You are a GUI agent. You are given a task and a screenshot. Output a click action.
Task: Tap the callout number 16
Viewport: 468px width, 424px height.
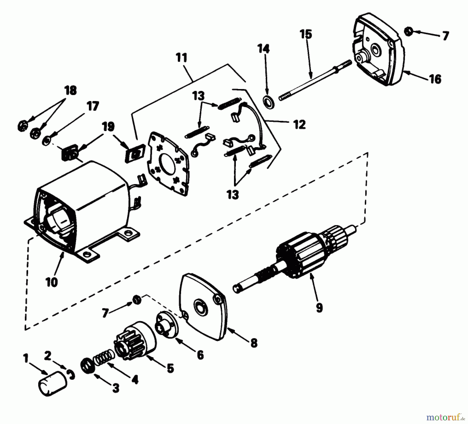(x=435, y=79)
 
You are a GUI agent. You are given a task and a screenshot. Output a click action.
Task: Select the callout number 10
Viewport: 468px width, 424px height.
(x=51, y=282)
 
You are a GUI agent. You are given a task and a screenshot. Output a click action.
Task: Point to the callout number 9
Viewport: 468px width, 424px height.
(x=319, y=308)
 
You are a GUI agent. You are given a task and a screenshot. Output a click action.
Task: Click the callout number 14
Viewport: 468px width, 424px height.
(x=264, y=49)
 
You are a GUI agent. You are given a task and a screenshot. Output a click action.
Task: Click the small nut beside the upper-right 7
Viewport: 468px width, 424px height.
(x=408, y=32)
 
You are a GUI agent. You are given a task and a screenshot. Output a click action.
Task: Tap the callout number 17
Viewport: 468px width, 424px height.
(x=93, y=107)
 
